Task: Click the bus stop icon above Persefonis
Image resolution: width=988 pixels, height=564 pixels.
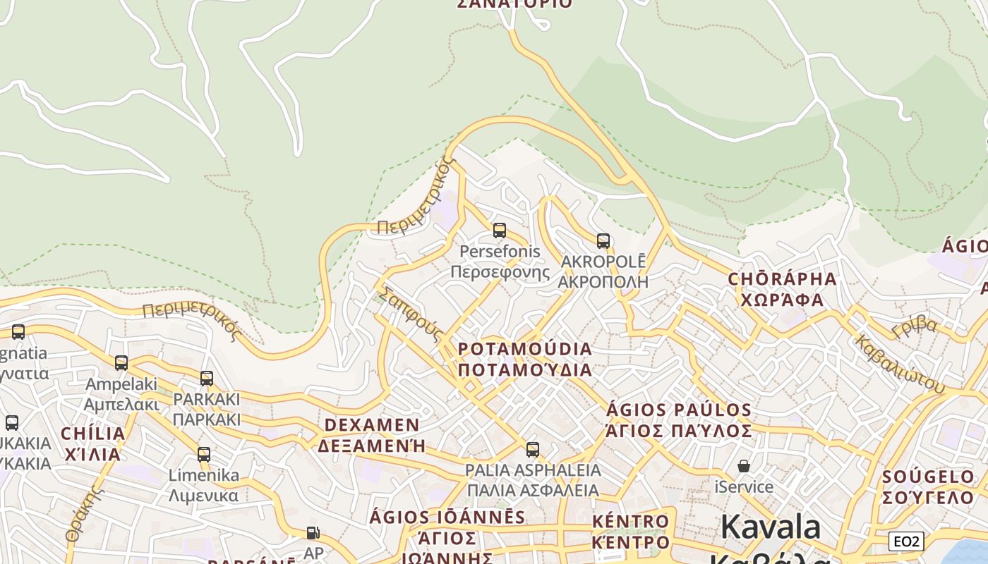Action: click(500, 231)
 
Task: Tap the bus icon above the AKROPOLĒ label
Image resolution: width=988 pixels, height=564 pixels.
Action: click(603, 241)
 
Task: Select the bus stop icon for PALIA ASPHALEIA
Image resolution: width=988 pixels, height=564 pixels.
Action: click(533, 450)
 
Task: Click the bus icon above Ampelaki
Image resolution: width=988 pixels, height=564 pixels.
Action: click(121, 363)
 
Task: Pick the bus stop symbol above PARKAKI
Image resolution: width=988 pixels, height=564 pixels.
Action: click(207, 379)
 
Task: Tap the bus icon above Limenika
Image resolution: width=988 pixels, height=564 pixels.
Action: click(204, 455)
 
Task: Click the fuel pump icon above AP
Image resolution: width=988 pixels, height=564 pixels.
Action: click(313, 533)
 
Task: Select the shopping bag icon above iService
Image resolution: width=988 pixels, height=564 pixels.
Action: click(743, 466)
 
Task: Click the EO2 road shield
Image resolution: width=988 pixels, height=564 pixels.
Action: click(906, 541)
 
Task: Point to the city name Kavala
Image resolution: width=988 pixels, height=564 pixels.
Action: click(771, 527)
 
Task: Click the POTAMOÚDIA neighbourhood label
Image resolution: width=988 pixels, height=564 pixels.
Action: click(525, 350)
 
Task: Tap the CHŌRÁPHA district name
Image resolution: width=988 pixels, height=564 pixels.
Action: click(782, 279)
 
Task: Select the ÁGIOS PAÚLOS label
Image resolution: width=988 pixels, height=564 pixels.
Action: click(679, 410)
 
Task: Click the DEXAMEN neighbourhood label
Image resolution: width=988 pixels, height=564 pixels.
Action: click(372, 425)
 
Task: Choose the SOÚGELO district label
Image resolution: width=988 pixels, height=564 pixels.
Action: click(929, 477)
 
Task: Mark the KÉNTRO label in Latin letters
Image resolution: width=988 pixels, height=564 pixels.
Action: click(630, 522)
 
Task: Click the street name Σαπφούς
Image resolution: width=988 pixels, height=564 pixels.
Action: click(410, 314)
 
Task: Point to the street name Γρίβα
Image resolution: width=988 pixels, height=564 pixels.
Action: click(915, 326)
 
